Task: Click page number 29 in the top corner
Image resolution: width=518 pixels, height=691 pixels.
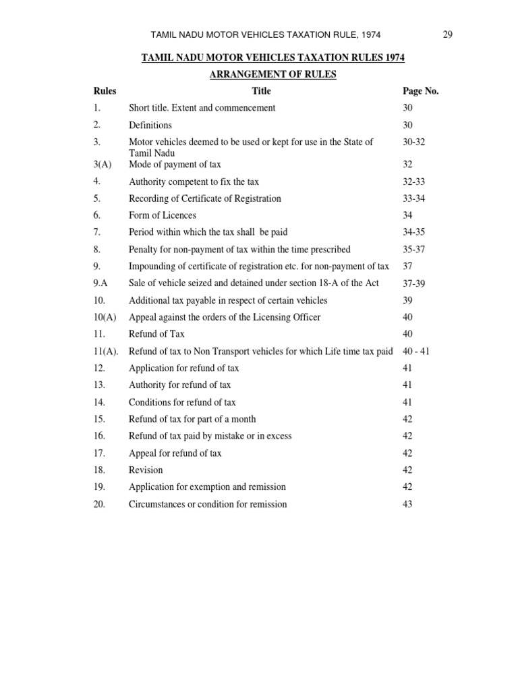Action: click(448, 35)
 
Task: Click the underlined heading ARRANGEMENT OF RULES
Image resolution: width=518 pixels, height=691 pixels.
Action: click(272, 74)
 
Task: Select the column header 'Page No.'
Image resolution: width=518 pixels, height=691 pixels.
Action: click(420, 91)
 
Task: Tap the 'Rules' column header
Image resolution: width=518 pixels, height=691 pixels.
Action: click(105, 91)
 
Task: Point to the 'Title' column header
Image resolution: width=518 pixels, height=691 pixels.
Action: click(261, 91)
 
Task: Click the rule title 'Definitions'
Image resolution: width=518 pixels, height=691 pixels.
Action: click(150, 125)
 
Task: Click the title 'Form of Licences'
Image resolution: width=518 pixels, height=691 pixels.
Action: click(163, 215)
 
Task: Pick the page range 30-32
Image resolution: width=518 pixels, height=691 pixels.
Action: click(414, 142)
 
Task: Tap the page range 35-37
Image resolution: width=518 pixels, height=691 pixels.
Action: click(414, 249)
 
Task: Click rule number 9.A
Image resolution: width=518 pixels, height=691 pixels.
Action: click(101, 283)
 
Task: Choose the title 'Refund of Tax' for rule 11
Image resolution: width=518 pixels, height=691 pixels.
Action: click(156, 334)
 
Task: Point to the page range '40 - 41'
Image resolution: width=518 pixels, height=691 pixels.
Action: click(417, 352)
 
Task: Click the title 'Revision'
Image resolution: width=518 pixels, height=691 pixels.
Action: click(146, 470)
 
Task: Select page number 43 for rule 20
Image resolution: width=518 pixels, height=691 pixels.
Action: click(407, 504)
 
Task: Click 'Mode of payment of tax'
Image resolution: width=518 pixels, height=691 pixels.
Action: click(175, 164)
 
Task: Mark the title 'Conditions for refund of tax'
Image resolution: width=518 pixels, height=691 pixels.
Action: click(182, 402)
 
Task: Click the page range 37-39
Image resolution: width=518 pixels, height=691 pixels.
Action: click(414, 283)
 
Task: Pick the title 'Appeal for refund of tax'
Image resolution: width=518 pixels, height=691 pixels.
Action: click(175, 453)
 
